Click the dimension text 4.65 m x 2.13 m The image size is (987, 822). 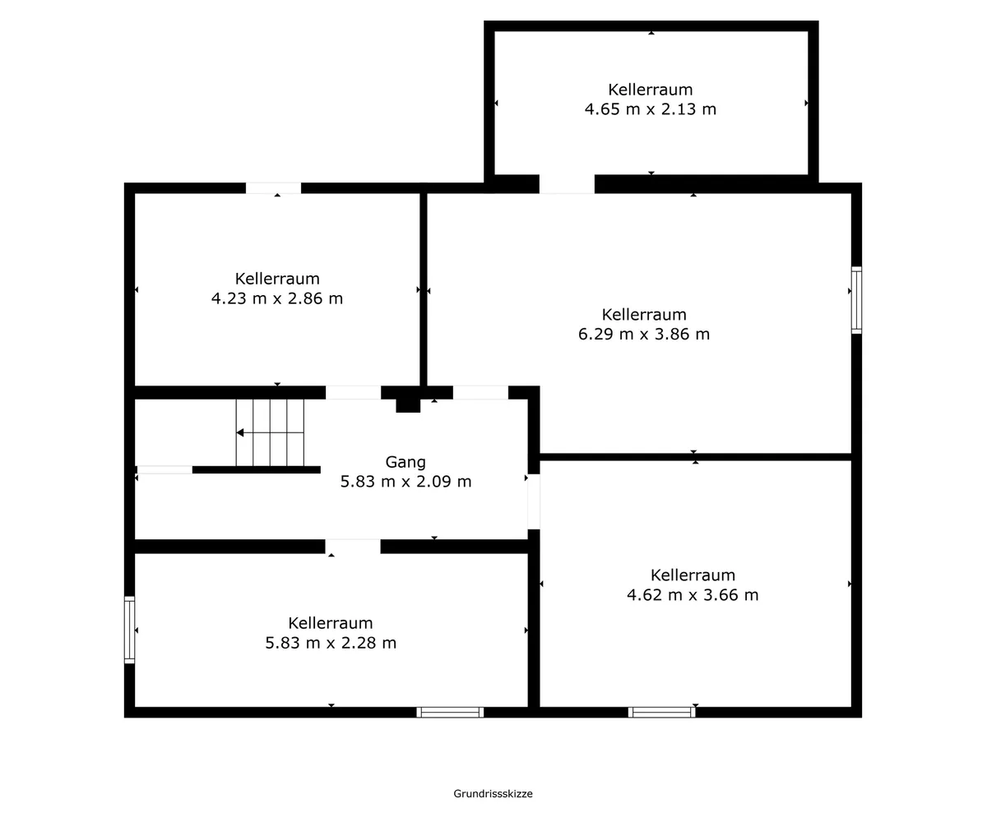click(651, 109)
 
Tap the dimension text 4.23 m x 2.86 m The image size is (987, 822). click(277, 298)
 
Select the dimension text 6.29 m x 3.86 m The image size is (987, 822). click(644, 334)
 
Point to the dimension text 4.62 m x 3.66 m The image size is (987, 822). click(693, 595)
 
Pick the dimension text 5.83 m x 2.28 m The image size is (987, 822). click(331, 643)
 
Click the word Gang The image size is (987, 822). click(405, 463)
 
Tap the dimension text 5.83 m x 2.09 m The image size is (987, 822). click(406, 482)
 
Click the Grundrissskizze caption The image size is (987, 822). click(493, 794)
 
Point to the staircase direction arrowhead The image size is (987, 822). click(239, 432)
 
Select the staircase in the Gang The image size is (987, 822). click(270, 432)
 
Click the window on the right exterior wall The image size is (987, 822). click(856, 301)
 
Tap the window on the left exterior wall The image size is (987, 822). click(129, 630)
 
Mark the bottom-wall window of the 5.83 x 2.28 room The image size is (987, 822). click(450, 713)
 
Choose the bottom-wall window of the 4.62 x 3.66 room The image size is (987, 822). click(662, 713)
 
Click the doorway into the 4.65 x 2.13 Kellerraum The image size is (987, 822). click(567, 184)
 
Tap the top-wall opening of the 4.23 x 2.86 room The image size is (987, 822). click(273, 188)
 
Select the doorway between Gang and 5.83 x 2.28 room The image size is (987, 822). click(353, 547)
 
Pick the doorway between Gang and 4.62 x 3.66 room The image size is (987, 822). click(534, 501)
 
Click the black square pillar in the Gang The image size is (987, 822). click(408, 405)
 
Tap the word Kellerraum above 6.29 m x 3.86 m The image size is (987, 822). click(644, 315)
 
